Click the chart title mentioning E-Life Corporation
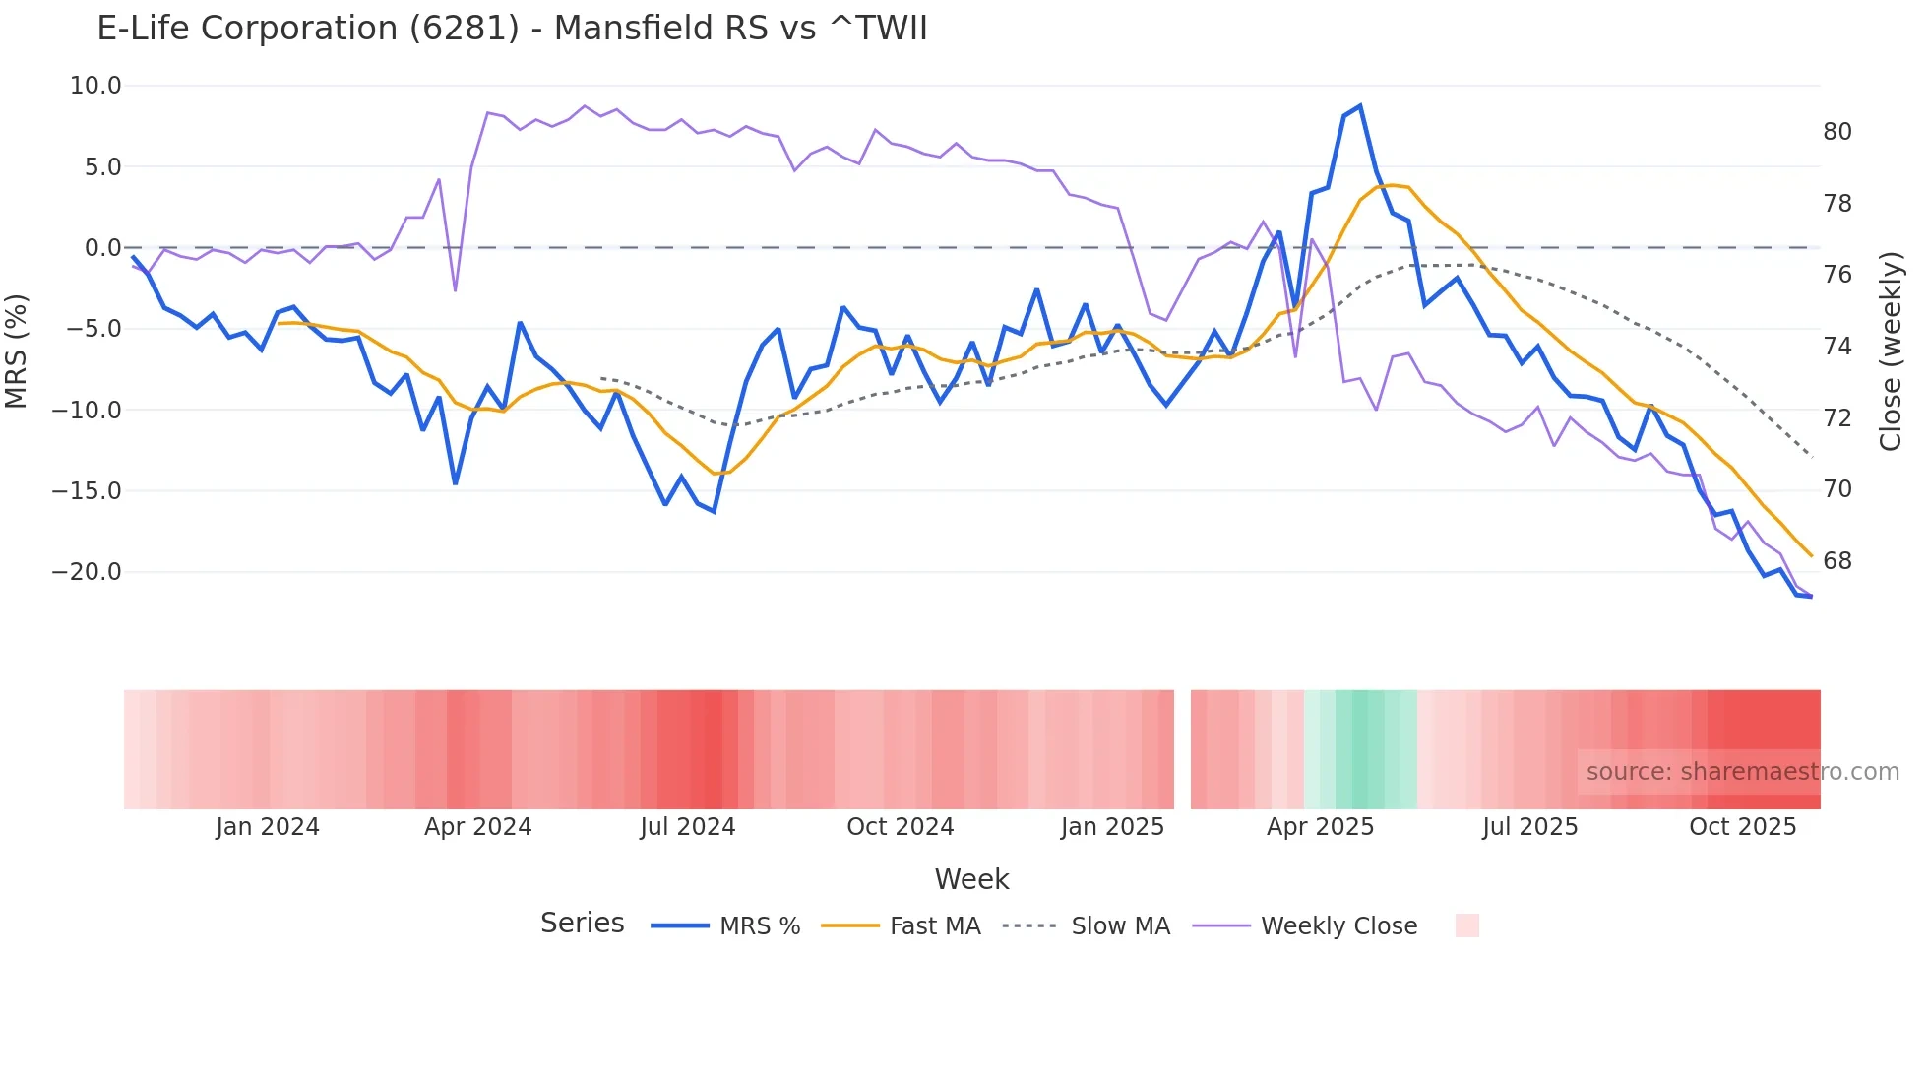point(512,29)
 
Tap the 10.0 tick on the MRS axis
point(95,86)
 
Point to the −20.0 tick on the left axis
point(87,572)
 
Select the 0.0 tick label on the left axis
point(102,248)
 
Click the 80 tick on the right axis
point(1837,132)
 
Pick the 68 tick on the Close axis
point(1837,561)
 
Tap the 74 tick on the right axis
point(1837,347)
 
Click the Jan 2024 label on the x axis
point(268,827)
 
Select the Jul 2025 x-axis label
point(1529,827)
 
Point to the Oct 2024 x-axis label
point(900,827)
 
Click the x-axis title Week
point(971,879)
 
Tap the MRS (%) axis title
point(17,351)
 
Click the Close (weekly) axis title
point(1891,351)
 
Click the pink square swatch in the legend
point(1466,925)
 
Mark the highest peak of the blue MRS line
point(1359,106)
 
